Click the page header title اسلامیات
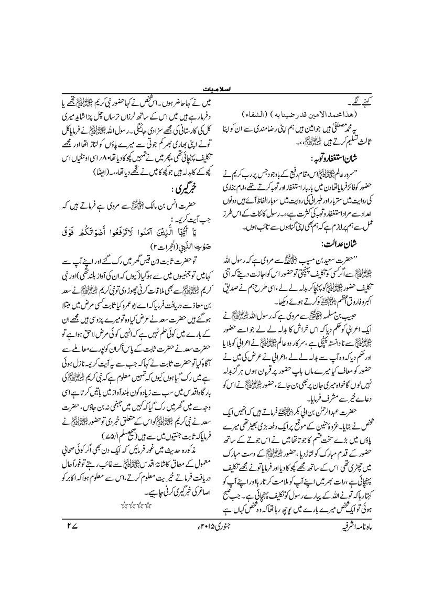pos(216,90)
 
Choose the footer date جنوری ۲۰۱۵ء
pos(217,536)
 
